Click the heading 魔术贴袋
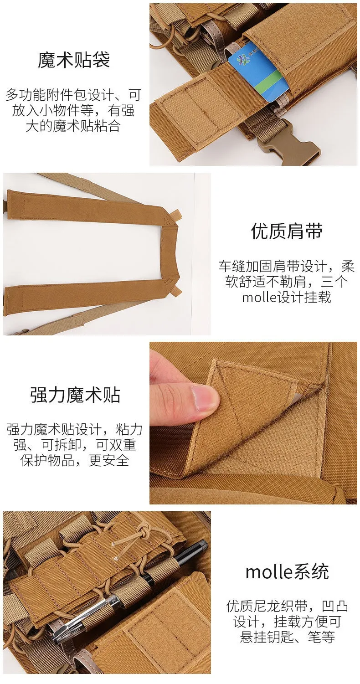pos(73,60)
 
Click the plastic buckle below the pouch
pos(288,148)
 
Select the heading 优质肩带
pos(287,231)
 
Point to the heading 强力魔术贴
pos(75,395)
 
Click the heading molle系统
pos(287,572)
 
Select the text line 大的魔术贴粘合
pos(73,126)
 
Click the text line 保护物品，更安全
pos(75,460)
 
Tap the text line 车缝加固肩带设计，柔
pos(287,266)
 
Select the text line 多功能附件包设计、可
pos(73,95)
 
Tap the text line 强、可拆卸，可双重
pos(75,445)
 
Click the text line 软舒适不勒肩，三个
pos(287,282)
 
